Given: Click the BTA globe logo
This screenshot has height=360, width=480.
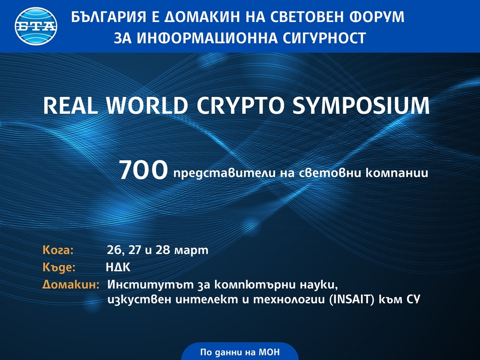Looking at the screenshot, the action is (x=36, y=26).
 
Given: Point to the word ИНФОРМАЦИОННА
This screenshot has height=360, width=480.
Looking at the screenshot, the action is (x=206, y=38).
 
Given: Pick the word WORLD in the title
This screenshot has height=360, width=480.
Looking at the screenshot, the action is (x=147, y=106).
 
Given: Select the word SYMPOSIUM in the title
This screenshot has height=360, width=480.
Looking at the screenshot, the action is (x=361, y=106).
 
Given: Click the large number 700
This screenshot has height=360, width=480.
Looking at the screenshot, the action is (x=143, y=170).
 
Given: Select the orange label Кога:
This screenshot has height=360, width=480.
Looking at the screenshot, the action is (x=58, y=250).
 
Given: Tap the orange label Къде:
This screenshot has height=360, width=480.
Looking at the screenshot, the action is (x=59, y=267).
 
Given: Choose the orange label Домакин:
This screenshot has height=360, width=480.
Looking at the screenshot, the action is (x=71, y=285).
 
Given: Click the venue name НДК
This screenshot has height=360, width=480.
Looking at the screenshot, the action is (x=118, y=267).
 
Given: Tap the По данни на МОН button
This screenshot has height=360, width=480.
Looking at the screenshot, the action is (x=240, y=352).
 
